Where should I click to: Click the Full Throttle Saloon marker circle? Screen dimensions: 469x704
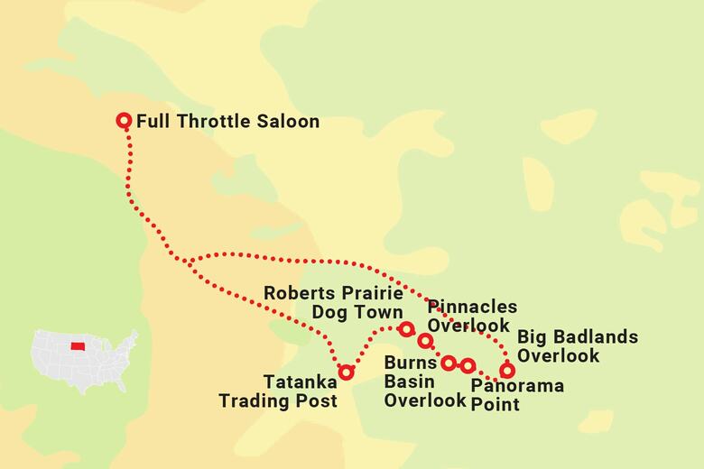[125, 120]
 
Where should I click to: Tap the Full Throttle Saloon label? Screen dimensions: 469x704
[227, 120]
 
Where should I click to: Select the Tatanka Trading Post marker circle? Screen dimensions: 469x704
[346, 372]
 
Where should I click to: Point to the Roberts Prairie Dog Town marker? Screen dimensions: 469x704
[406, 328]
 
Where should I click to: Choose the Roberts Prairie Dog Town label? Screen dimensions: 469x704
[335, 302]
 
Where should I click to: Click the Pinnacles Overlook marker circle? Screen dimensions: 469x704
[425, 341]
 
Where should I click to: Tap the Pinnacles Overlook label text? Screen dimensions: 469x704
[472, 316]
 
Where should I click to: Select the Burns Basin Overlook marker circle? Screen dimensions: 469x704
[449, 363]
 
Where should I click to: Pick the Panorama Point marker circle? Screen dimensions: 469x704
[468, 365]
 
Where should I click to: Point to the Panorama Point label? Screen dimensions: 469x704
[517, 395]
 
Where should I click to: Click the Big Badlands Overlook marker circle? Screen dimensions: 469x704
[507, 370]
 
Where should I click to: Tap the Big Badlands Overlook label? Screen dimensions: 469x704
[577, 346]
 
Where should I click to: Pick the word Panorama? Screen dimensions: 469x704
[517, 386]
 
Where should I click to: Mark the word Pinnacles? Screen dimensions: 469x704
[472, 307]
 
